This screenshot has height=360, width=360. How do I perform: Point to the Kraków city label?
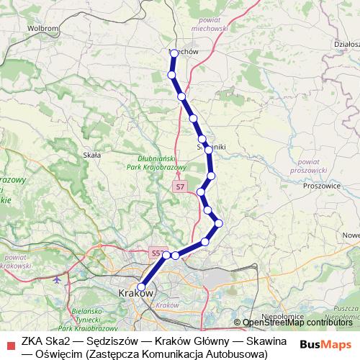click(135, 293)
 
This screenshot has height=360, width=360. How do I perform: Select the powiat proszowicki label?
click(311, 167)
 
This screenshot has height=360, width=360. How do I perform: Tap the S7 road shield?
click(179, 187)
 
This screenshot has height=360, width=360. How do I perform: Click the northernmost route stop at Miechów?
click(174, 53)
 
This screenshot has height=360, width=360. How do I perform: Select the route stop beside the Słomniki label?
click(208, 150)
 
